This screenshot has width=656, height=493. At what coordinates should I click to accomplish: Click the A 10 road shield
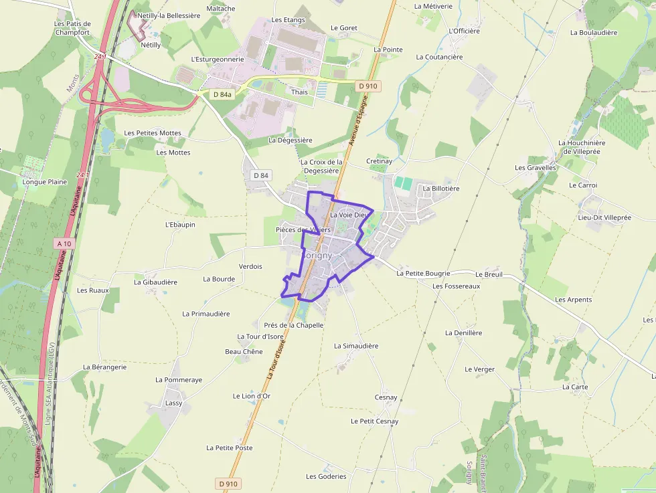tap(64, 244)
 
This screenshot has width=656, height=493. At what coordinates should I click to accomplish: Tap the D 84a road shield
tap(222, 94)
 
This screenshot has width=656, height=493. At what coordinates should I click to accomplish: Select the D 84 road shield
tap(261, 175)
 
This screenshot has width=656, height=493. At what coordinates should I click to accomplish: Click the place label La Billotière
tap(441, 189)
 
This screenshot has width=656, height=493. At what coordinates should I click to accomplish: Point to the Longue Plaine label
tap(45, 181)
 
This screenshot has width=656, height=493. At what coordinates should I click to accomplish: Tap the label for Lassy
tap(173, 403)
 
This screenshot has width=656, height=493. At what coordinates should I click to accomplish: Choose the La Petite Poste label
tap(230, 448)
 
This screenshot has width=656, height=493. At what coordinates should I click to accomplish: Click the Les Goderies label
tap(326, 476)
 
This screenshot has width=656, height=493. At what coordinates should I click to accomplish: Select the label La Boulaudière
tap(594, 32)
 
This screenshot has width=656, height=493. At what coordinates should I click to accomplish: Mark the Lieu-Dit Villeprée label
tap(605, 217)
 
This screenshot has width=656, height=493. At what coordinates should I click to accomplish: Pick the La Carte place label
tap(575, 387)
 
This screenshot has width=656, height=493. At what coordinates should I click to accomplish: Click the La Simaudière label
tap(356, 346)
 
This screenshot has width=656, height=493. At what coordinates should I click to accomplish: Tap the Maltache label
tap(221, 9)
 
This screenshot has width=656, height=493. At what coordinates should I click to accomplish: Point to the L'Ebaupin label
tap(180, 225)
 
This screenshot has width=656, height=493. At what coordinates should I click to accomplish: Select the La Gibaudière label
tap(155, 282)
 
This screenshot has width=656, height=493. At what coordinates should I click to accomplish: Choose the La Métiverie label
tap(434, 6)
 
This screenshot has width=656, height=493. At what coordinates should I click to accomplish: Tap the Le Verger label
tap(480, 369)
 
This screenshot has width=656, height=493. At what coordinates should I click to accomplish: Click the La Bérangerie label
tap(104, 367)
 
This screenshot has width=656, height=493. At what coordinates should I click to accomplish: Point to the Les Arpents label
tap(574, 300)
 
